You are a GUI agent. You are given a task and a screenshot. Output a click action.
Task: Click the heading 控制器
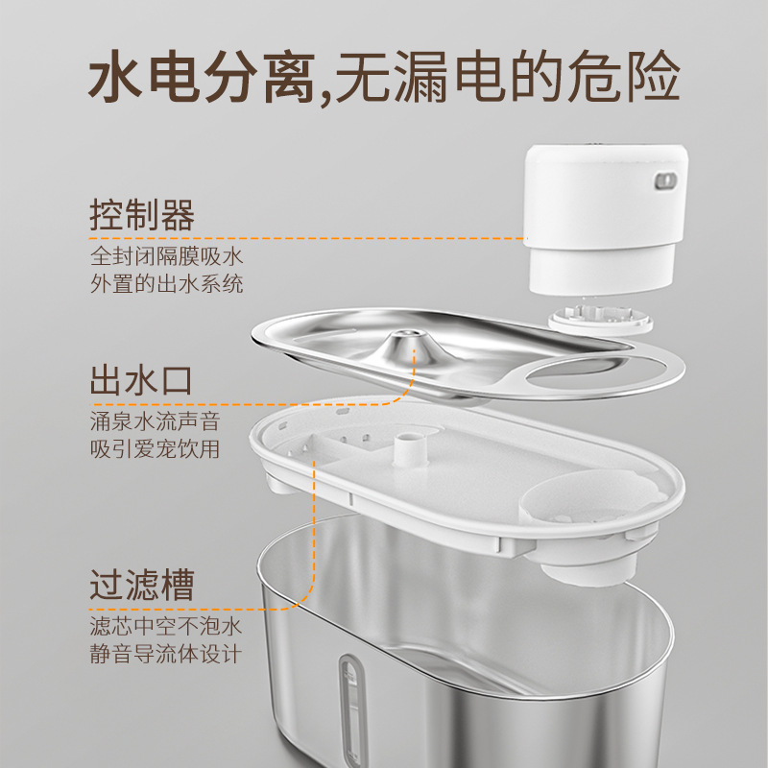tap(142, 215)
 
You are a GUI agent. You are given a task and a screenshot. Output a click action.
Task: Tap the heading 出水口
tap(141, 380)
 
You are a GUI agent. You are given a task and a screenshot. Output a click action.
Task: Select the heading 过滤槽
tap(142, 585)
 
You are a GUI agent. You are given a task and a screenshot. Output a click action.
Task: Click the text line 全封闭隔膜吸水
tap(166, 256)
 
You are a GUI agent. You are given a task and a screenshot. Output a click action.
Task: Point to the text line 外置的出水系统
tap(166, 283)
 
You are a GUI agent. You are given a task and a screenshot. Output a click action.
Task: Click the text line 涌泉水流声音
tap(156, 421)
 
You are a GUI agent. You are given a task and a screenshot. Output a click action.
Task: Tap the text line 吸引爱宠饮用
tap(156, 449)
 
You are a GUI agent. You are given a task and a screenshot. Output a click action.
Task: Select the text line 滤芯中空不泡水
tap(166, 626)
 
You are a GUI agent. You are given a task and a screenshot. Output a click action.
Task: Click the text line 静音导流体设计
tap(166, 654)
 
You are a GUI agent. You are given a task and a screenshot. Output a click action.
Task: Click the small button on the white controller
tap(665, 181)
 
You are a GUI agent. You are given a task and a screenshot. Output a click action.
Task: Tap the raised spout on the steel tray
tap(406, 343)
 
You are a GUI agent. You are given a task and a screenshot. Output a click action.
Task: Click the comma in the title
tap(324, 96)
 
